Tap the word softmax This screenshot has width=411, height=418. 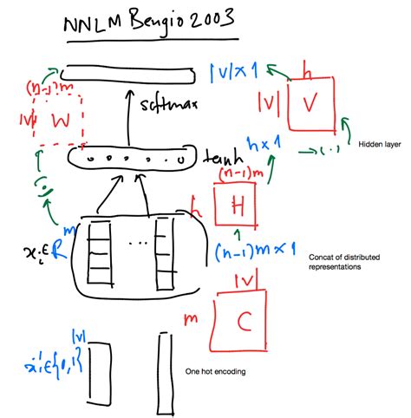point(168,107)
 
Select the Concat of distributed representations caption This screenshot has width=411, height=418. point(346,263)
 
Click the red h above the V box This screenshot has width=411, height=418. point(304,67)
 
